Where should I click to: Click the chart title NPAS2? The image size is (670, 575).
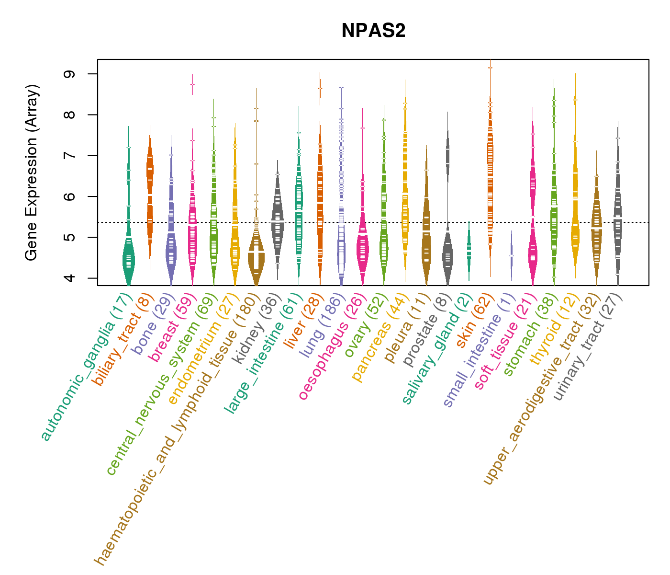tap(373, 31)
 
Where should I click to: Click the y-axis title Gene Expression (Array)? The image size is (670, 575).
tap(32, 172)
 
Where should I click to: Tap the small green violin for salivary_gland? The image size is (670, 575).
tap(469, 249)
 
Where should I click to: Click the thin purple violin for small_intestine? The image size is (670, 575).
tap(512, 255)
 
